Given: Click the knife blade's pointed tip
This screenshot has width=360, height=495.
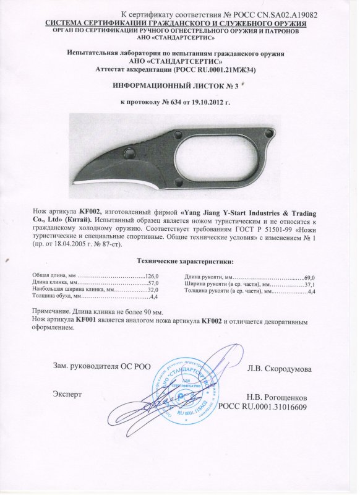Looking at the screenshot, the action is point(74,183).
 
